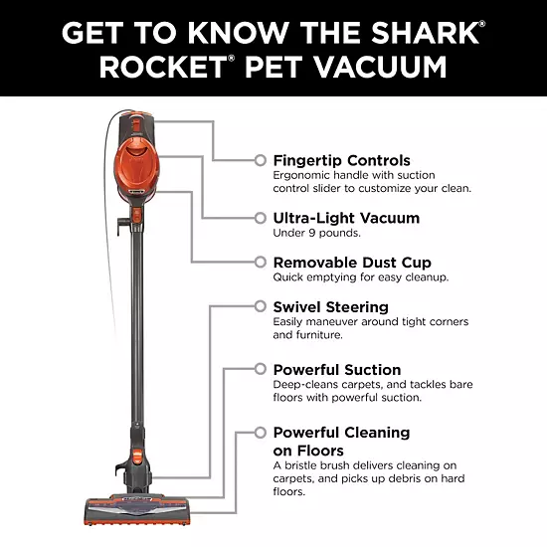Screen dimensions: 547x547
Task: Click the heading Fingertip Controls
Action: (341, 161)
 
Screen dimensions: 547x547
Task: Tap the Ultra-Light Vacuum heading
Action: (346, 218)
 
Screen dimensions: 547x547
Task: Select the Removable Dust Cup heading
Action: (352, 263)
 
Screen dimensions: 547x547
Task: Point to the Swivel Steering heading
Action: (331, 307)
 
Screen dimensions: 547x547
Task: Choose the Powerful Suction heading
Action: (337, 370)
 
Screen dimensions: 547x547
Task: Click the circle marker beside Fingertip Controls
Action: (261, 160)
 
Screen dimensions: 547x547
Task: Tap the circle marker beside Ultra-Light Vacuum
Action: (261, 218)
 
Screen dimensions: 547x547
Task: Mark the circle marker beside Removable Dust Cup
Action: (261, 262)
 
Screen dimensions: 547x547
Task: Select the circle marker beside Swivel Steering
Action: (261, 306)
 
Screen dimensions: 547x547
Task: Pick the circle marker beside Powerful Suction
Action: (261, 369)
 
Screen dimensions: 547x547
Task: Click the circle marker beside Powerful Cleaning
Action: (261, 433)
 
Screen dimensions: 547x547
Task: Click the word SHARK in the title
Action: (425, 33)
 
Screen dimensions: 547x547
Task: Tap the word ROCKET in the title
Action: (163, 67)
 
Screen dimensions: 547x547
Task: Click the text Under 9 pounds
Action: (316, 233)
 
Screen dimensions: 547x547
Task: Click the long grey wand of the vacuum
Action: (137, 324)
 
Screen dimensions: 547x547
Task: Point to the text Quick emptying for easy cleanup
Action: (361, 277)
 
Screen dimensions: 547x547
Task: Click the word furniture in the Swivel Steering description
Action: (319, 335)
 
